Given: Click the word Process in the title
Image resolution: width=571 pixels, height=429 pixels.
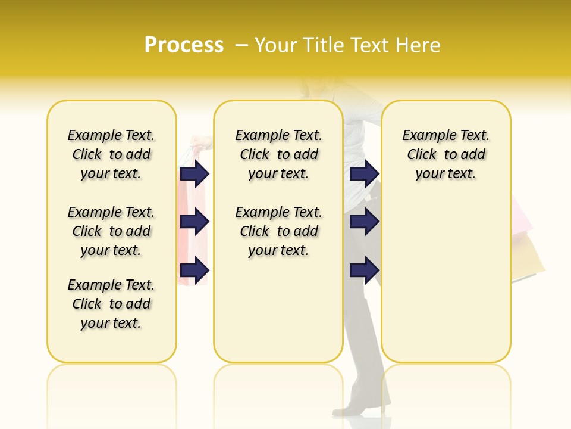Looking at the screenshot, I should tap(184, 45).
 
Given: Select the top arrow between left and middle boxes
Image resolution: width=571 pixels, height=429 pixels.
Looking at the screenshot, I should tap(194, 174).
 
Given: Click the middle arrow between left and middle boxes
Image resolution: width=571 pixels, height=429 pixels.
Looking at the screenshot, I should tap(194, 222).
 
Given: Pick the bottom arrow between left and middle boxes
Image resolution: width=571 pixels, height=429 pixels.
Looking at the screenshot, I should tap(194, 271).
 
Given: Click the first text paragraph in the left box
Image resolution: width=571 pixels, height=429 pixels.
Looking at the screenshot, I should tap(111, 154).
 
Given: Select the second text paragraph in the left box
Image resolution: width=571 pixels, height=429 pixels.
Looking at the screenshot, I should tap(111, 231).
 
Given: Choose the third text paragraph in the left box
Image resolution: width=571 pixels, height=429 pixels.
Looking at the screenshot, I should tap(111, 304).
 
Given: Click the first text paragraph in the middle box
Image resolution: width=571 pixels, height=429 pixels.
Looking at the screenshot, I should tap(278, 154).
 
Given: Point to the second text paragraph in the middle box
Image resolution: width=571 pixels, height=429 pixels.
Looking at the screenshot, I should tap(278, 231).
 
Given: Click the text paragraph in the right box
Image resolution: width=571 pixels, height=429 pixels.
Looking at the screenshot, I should tap(445, 154).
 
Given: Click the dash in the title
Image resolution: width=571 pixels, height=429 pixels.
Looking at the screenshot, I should tap(241, 45).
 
